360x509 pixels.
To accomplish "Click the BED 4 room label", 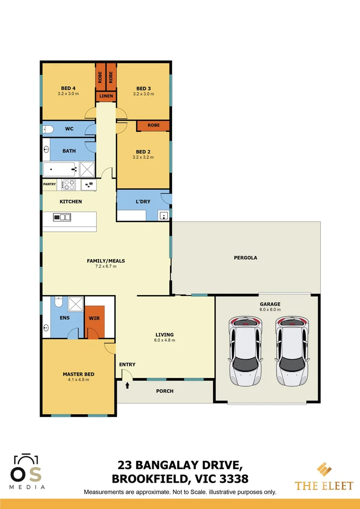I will click(69, 88).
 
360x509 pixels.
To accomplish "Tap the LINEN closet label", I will click(106, 97).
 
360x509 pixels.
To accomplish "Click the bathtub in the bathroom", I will click(60, 168).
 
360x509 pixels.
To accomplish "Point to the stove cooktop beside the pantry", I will click(69, 185).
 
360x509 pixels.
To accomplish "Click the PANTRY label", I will click(49, 184).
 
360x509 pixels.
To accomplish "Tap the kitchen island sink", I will click(62, 217).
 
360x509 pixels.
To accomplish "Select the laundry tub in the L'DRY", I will click(164, 215).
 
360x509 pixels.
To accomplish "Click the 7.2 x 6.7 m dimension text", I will click(106, 266).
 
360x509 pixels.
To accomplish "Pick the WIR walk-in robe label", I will click(94, 318).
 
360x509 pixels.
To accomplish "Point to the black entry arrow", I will click(127, 386).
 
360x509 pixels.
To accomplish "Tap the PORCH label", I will click(164, 391).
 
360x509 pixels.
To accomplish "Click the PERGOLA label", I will click(245, 258).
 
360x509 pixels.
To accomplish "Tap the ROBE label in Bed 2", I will click(153, 125).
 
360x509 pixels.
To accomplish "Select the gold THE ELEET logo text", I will click(324, 485).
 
